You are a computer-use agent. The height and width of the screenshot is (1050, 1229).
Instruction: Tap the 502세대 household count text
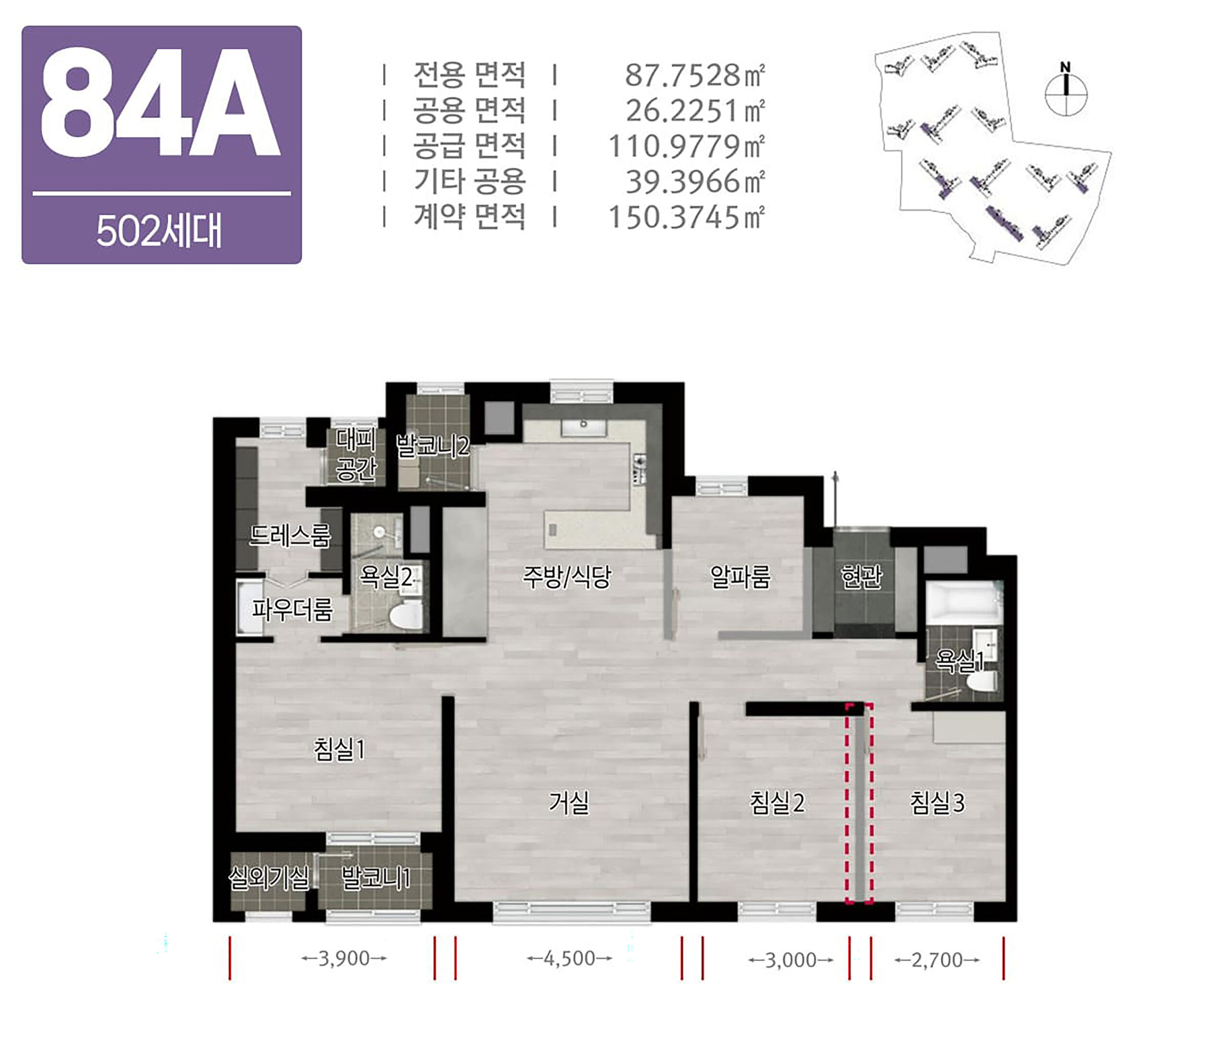pyautogui.click(x=159, y=231)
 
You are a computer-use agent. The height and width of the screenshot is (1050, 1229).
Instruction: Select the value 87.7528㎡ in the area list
pyautogui.click(x=695, y=75)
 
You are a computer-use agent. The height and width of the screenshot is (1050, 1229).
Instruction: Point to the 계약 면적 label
pyautogui.click(x=469, y=216)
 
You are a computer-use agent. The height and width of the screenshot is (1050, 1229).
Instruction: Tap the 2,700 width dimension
pyautogui.click(x=937, y=959)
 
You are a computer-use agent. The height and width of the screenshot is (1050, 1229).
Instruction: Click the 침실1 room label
pyautogui.click(x=339, y=749)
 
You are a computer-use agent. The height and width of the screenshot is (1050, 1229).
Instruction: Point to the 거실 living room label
pyautogui.click(x=569, y=803)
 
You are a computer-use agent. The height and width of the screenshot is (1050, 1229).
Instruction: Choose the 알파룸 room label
pyautogui.click(x=740, y=576)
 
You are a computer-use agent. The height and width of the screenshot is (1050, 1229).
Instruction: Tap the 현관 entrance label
pyautogui.click(x=862, y=576)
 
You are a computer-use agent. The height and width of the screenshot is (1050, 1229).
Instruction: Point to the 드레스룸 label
pyautogui.click(x=289, y=536)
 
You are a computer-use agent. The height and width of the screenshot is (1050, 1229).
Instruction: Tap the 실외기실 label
pyautogui.click(x=269, y=877)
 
